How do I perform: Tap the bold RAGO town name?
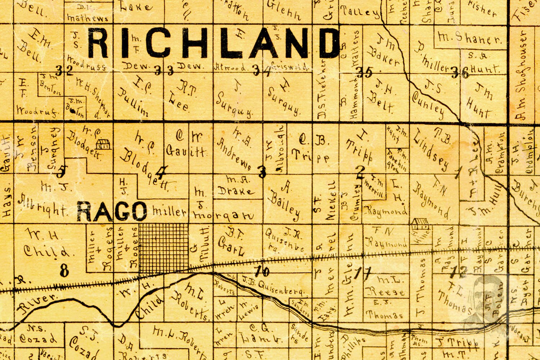112,211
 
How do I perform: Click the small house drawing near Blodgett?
104,145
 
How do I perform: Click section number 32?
65,71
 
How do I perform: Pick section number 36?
460,73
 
